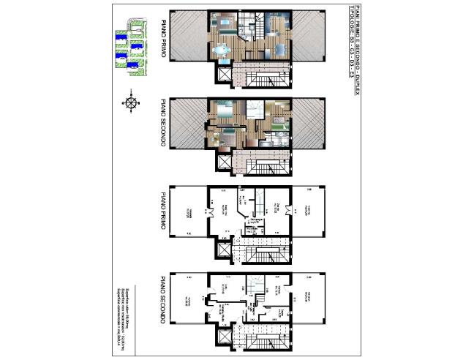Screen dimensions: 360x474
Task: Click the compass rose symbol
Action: click(131, 102)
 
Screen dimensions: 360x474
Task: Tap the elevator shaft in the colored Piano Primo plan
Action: click(222, 74)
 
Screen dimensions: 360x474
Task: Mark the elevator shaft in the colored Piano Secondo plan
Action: click(222, 160)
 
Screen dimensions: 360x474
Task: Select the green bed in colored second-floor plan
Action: click(227, 136)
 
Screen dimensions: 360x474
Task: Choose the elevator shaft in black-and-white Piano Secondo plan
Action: click(222, 337)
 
